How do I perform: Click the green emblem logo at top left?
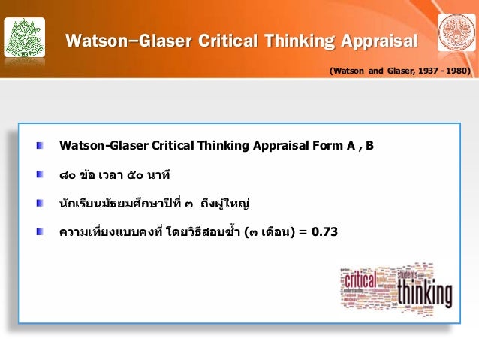tap(25, 34)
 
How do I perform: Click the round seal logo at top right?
tap(455, 32)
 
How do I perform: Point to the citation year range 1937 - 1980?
tap(443, 71)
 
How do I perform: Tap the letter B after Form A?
tap(369, 144)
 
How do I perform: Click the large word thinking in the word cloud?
tap(423, 294)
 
